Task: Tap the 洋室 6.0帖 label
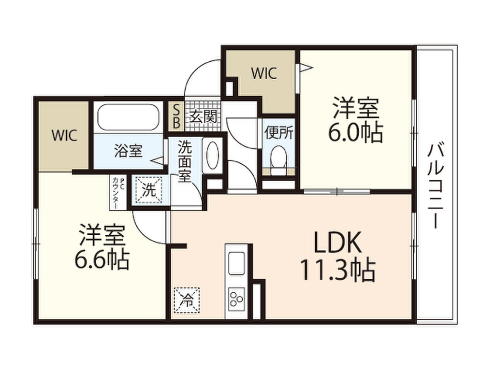356,120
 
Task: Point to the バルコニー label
436,185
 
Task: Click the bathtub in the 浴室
128,117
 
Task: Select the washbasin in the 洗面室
212,155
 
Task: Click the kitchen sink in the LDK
236,263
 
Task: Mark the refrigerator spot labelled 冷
187,300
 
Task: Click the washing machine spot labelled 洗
148,189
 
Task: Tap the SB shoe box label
176,116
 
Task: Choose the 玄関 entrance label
203,117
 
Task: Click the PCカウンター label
118,192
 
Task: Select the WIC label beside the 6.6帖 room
64,136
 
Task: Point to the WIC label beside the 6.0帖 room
264,73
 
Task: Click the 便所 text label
279,133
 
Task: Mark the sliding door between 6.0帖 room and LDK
337,191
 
